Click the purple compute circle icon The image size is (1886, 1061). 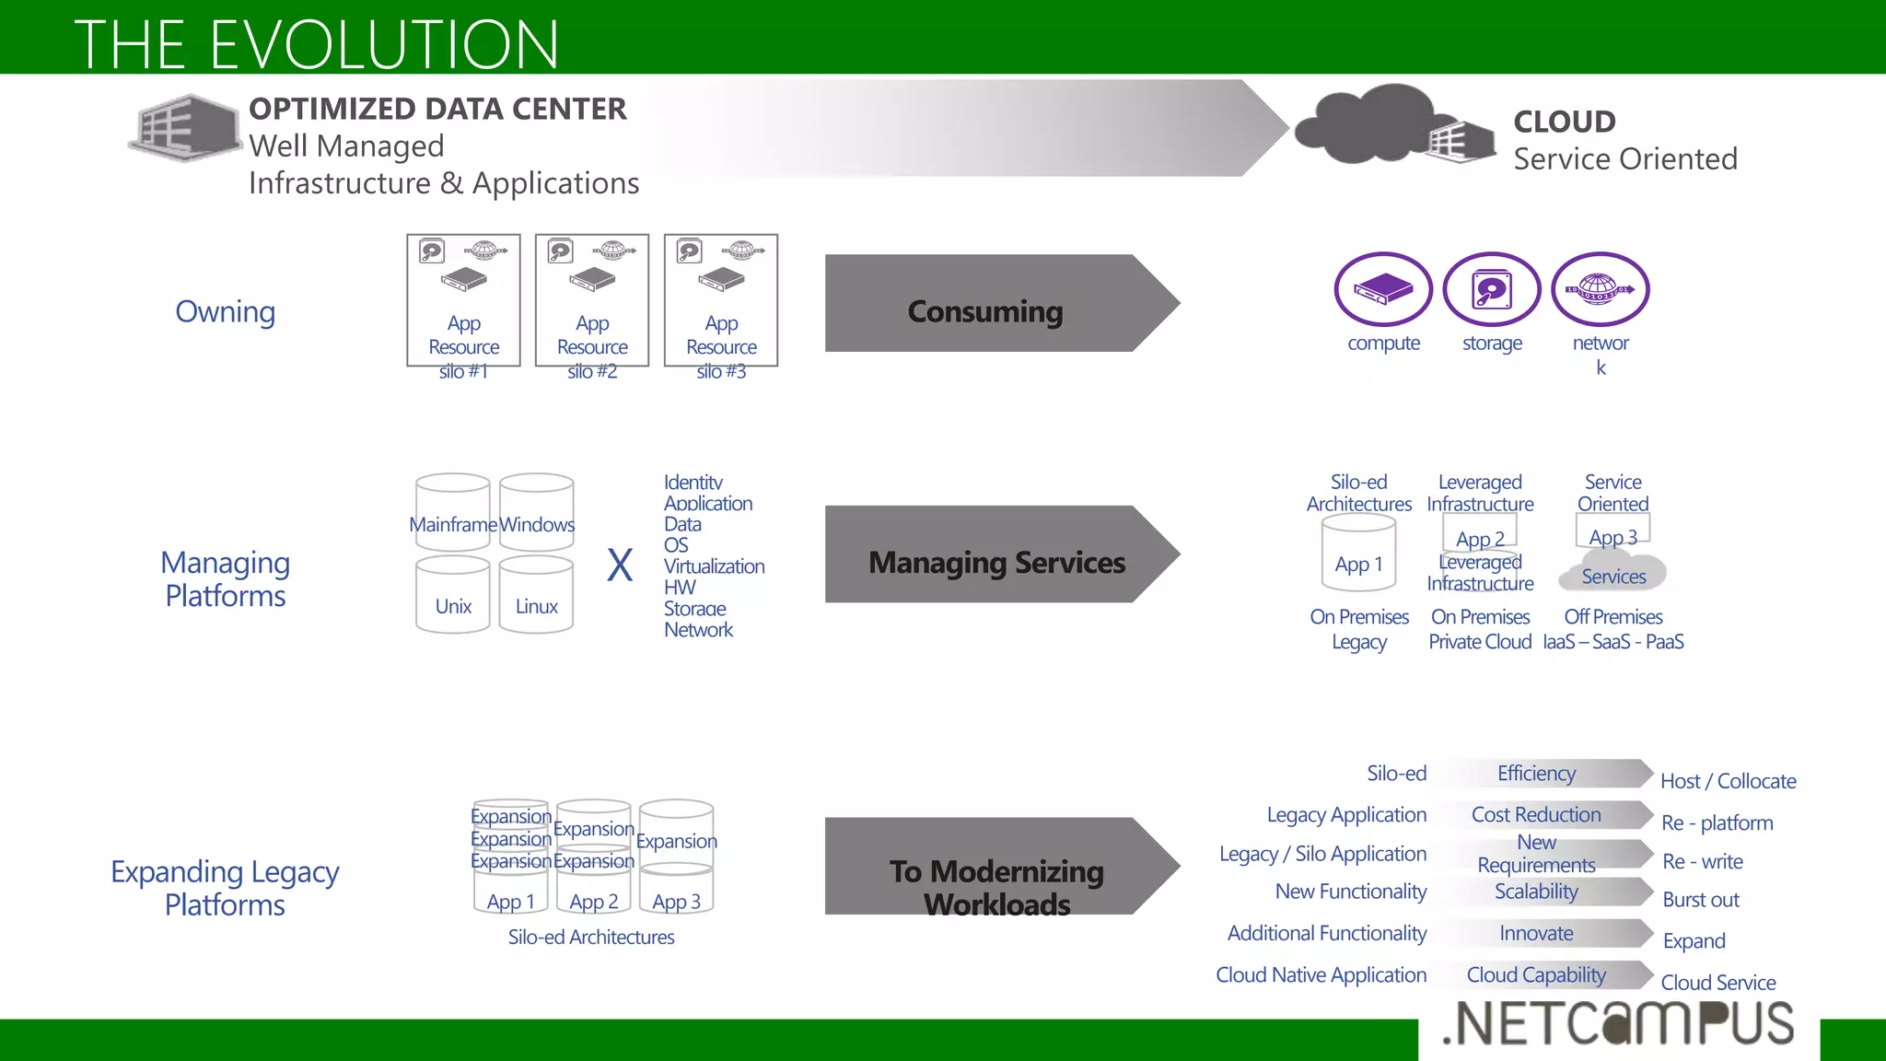coord(1382,289)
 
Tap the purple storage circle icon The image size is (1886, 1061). coord(1491,289)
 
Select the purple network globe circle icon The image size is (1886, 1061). coord(1600,289)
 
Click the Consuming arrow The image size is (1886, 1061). coord(985,304)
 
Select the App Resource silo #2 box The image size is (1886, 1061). coord(592,300)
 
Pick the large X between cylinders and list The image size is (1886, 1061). coord(620,565)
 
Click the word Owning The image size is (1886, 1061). coord(226,311)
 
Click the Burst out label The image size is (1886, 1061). coord(1700,900)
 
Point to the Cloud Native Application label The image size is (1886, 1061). coord(1321,974)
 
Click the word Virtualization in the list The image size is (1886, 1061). coord(714,566)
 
